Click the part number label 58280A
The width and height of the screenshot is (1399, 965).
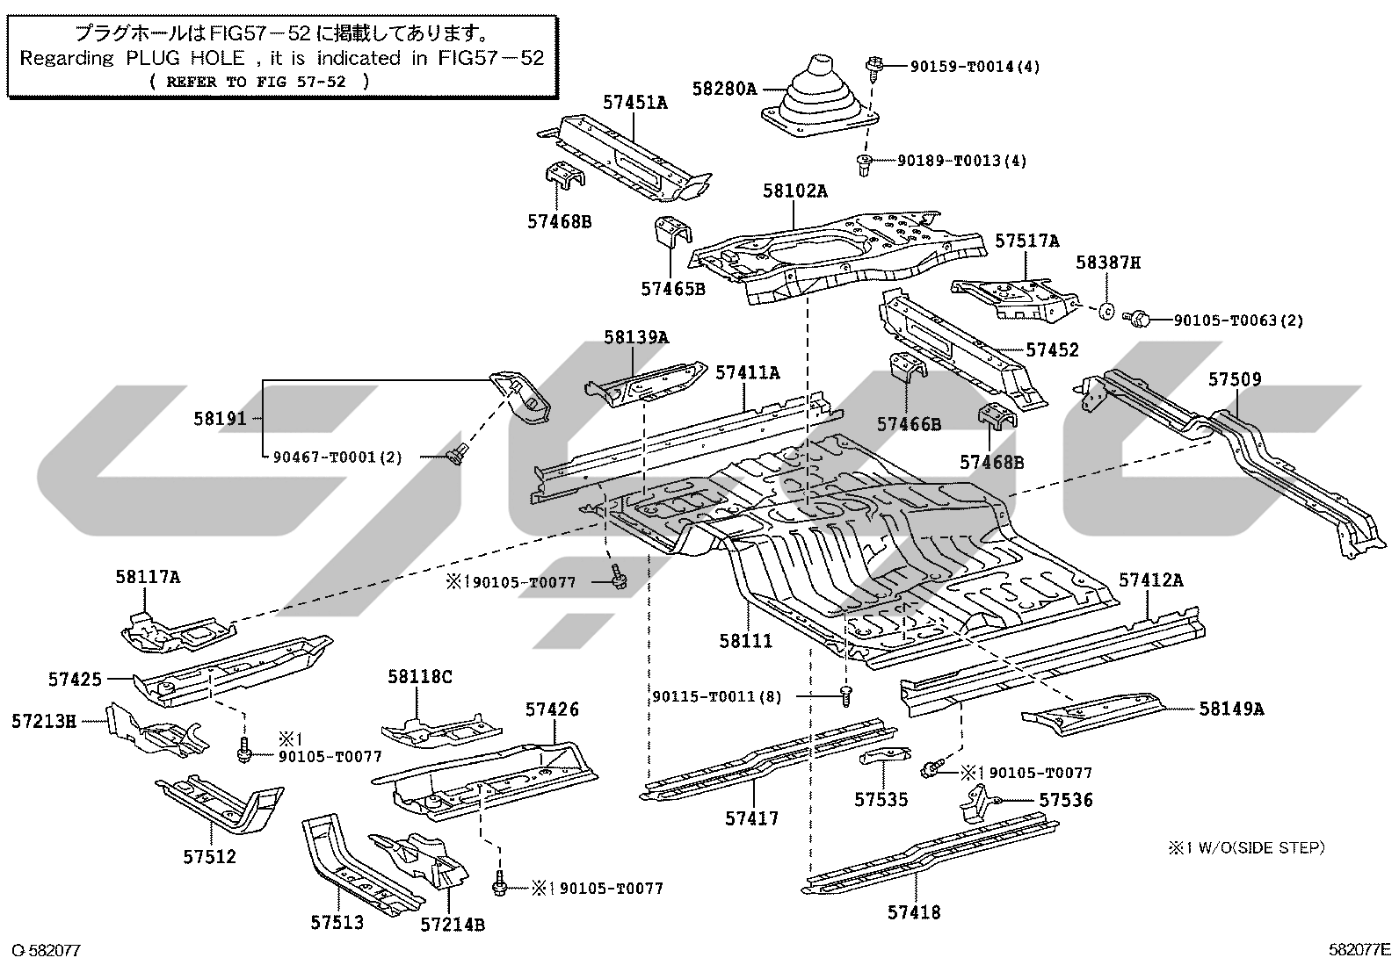[x=724, y=90]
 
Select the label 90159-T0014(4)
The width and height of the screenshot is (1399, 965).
[x=975, y=66]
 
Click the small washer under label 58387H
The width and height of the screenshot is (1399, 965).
[x=1105, y=310]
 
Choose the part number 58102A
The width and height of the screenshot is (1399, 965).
[x=794, y=191]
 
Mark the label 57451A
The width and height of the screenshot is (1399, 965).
[x=634, y=103]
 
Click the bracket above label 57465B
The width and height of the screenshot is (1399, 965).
[x=672, y=232]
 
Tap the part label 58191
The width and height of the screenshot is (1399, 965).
[x=220, y=418]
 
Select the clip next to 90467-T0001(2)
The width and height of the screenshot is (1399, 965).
[x=458, y=454]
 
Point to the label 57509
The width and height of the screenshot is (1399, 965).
[x=1235, y=378]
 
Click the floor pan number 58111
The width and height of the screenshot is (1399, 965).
[x=746, y=640]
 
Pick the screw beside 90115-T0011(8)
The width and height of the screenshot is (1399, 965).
[x=845, y=695]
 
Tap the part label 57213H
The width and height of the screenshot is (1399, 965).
[x=44, y=721]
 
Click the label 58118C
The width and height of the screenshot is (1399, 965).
[x=420, y=676]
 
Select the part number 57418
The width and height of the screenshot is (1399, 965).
[x=914, y=912]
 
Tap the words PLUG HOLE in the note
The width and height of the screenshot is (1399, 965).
[x=185, y=58]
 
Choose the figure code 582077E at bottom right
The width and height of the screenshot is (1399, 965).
[x=1359, y=949]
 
